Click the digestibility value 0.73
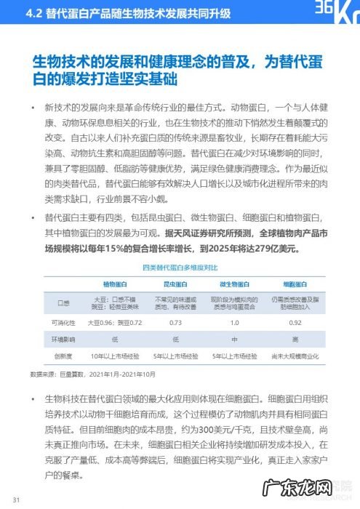tap(175, 321)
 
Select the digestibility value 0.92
tap(295, 321)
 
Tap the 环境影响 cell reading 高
tap(295, 340)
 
